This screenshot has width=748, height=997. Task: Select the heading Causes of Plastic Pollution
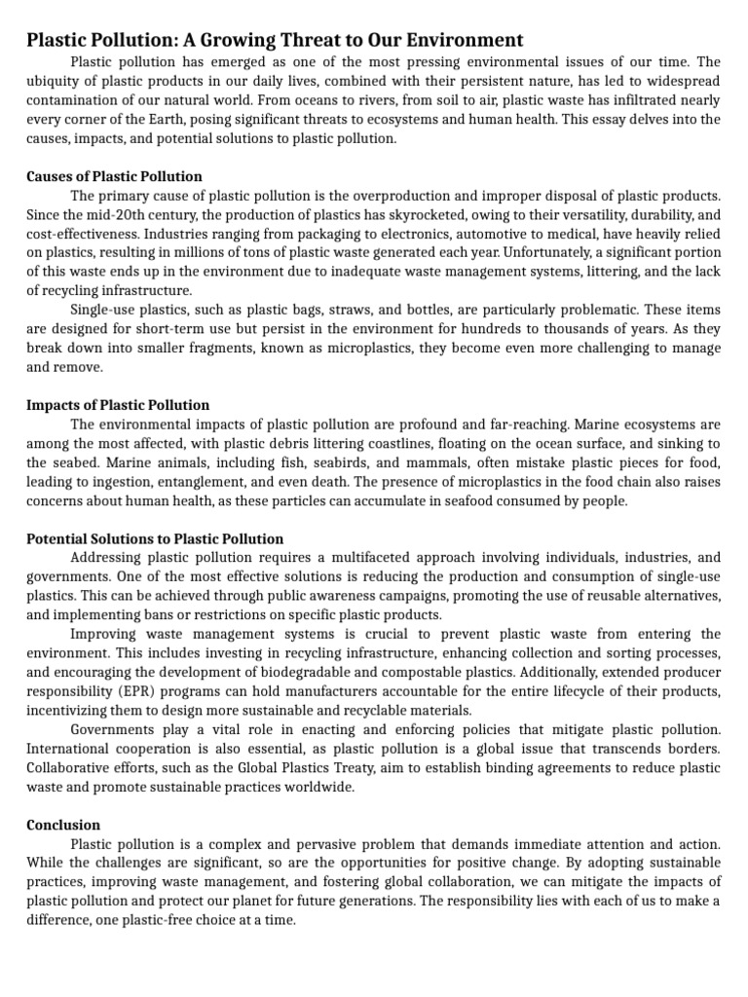pyautogui.click(x=114, y=176)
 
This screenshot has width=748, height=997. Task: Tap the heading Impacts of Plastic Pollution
pyautogui.click(x=118, y=405)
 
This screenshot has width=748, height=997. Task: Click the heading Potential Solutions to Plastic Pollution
pyautogui.click(x=155, y=538)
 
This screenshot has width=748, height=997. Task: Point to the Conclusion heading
pyautogui.click(x=63, y=825)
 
